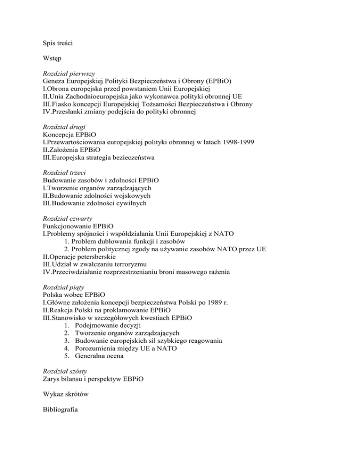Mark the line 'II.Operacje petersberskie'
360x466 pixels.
point(79,257)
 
